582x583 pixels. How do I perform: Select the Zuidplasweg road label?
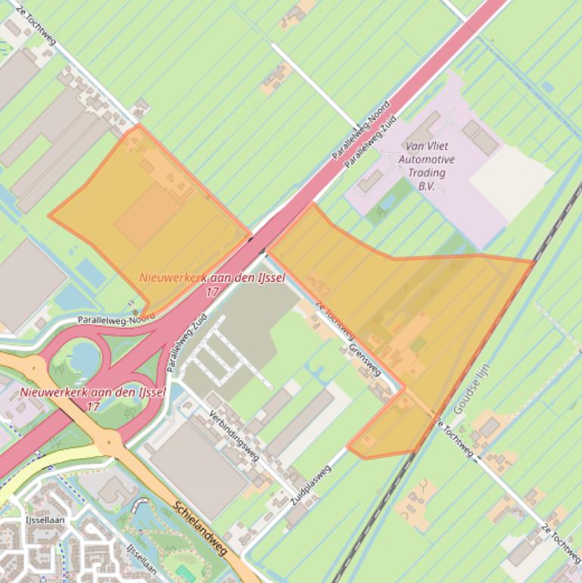[x=311, y=485]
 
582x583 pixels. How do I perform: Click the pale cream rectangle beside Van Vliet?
[x=511, y=182]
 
